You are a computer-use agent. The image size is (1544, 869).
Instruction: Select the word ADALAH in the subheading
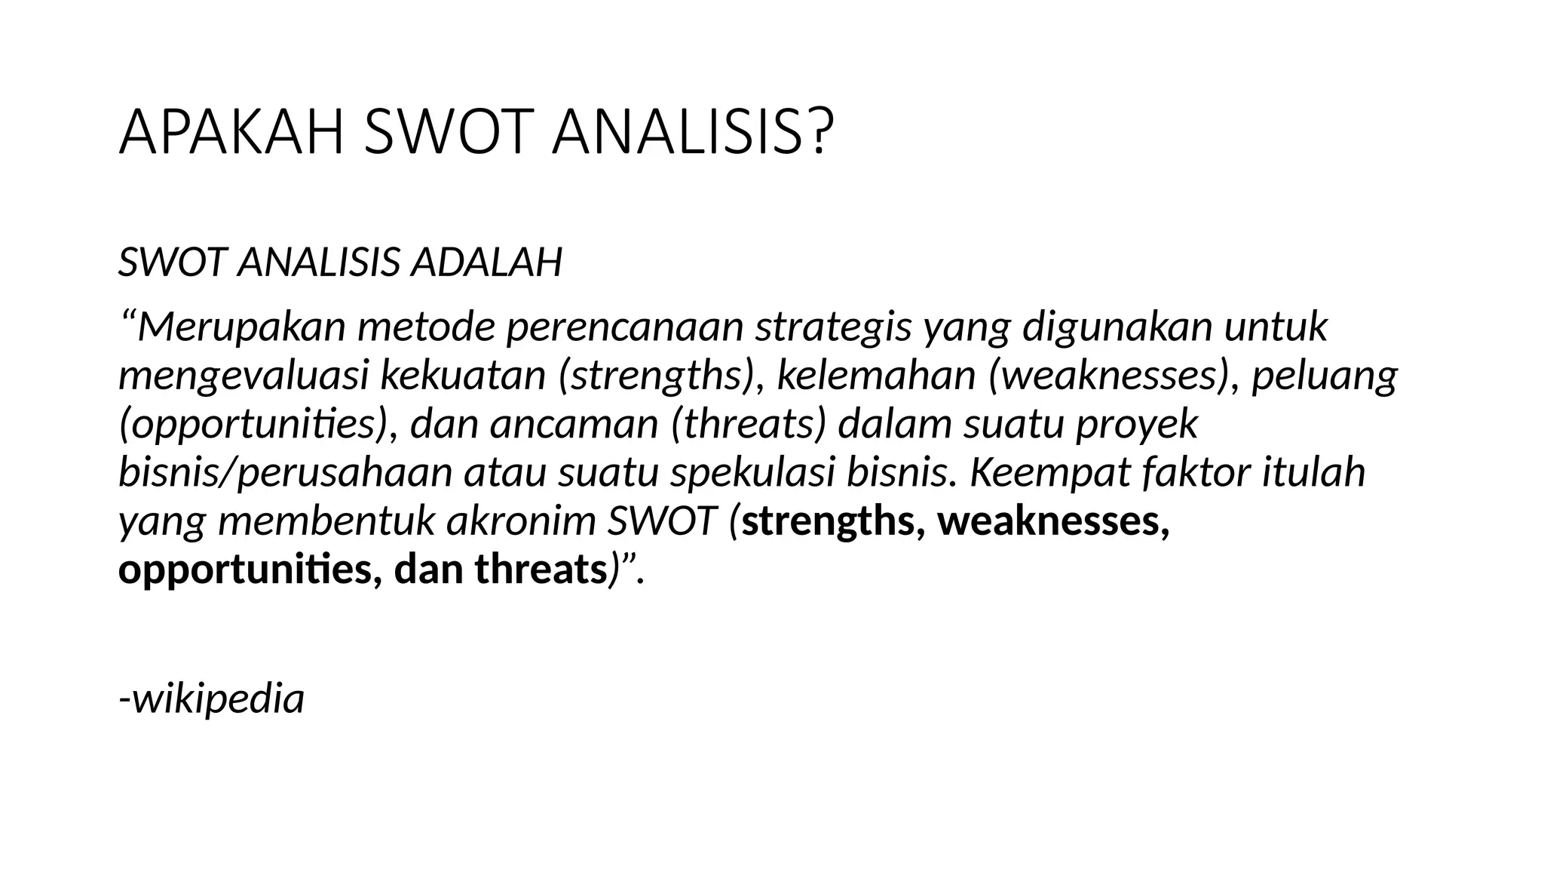[486, 263]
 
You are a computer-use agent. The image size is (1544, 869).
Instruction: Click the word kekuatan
[463, 376]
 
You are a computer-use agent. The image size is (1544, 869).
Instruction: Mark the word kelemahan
[876, 376]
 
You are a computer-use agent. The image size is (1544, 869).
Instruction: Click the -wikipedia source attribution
[212, 699]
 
